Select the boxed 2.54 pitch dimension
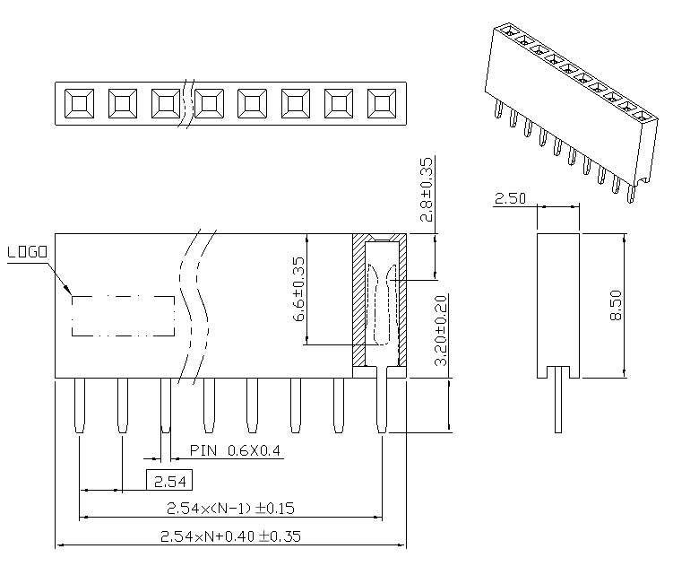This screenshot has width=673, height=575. pyautogui.click(x=169, y=481)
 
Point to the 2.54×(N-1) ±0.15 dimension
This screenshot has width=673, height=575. pyautogui.click(x=231, y=509)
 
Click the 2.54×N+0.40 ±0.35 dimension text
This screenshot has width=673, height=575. pyautogui.click(x=230, y=537)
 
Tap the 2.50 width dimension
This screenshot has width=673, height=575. pyautogui.click(x=511, y=199)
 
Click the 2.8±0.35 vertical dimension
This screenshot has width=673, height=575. pyautogui.click(x=427, y=189)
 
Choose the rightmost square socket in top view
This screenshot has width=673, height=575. pyautogui.click(x=382, y=104)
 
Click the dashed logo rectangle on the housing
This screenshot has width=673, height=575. pyautogui.click(x=124, y=316)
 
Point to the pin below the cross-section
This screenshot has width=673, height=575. pyautogui.click(x=383, y=404)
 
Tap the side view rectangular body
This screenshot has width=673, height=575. pyautogui.click(x=559, y=301)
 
